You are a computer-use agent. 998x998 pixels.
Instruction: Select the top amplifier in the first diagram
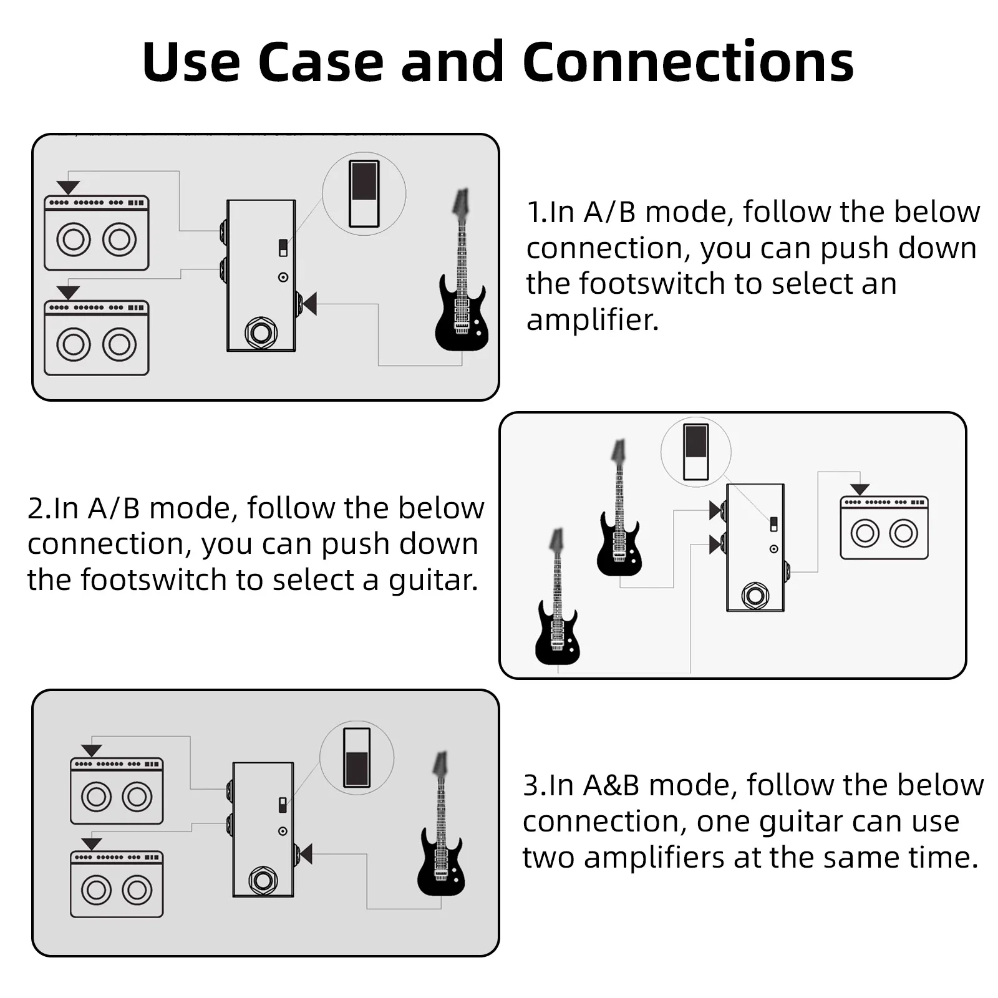pos(97,233)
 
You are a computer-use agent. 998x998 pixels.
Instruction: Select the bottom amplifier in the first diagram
pos(97,338)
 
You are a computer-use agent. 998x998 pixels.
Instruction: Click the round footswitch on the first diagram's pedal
pos(261,333)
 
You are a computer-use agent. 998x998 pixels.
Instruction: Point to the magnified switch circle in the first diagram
pos(364,194)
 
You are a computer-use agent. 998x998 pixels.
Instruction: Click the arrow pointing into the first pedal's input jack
pos(309,304)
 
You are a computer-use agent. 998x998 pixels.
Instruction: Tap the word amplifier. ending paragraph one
pos(592,320)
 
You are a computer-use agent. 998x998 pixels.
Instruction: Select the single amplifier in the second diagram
pos(884,528)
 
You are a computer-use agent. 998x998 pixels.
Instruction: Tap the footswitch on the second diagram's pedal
pos(755,596)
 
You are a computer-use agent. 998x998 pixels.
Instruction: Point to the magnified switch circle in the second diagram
pos(695,452)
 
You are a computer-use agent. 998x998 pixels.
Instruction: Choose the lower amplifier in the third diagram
pos(117,884)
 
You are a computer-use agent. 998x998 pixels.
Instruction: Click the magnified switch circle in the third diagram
pos(357,757)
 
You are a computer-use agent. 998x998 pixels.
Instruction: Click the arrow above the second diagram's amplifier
pos(860,490)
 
